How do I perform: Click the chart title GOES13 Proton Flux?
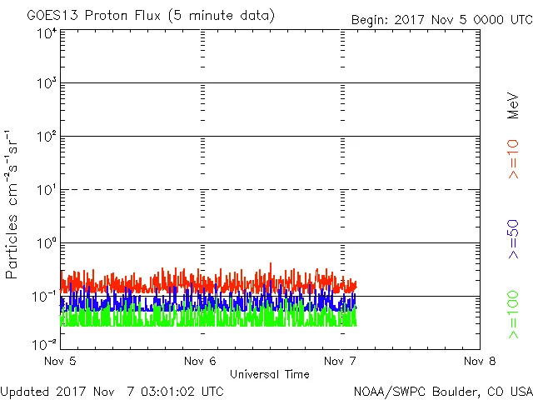pyautogui.click(x=150, y=16)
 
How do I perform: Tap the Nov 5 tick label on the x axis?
pyautogui.click(x=61, y=361)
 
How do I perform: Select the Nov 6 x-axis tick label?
pyautogui.click(x=201, y=361)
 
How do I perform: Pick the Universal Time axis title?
pyautogui.click(x=270, y=374)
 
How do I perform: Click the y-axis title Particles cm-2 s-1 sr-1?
pyautogui.click(x=12, y=204)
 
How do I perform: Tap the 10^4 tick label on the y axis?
pyautogui.click(x=46, y=33)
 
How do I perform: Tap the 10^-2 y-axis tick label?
pyautogui.click(x=44, y=344)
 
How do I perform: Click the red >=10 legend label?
pyautogui.click(x=513, y=157)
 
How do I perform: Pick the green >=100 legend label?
pyautogui.click(x=513, y=314)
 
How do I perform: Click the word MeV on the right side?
pyautogui.click(x=513, y=106)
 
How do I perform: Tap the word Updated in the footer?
pyautogui.click(x=25, y=391)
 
